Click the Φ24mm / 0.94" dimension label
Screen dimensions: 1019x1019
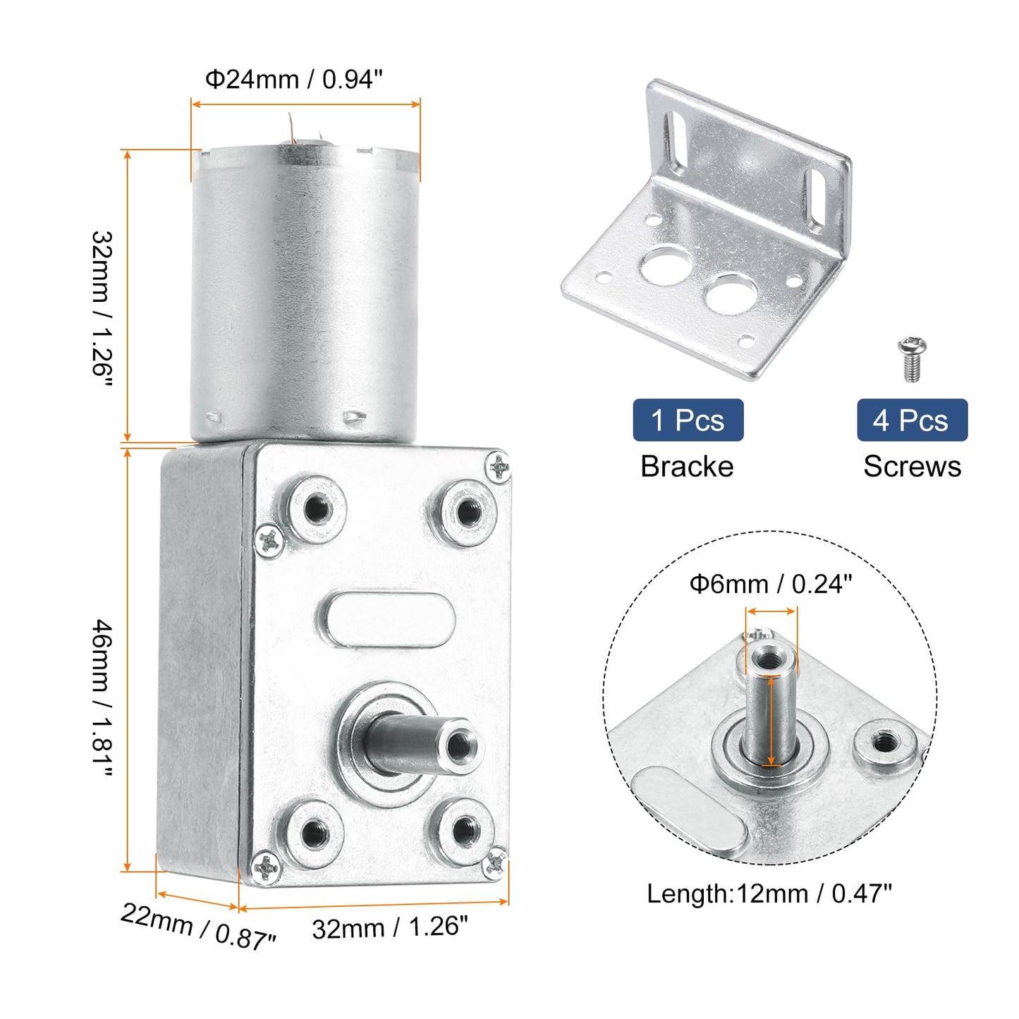(x=293, y=79)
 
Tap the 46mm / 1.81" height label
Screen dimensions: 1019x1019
(x=103, y=698)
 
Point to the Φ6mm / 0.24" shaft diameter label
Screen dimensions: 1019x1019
(x=770, y=584)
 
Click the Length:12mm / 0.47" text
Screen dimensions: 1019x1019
(x=769, y=894)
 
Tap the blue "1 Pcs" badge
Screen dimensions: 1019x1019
(x=688, y=420)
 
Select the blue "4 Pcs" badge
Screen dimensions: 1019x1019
(x=912, y=420)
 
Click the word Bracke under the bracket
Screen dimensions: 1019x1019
(x=687, y=466)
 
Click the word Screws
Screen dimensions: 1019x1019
(x=912, y=466)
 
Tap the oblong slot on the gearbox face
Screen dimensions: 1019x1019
(x=389, y=619)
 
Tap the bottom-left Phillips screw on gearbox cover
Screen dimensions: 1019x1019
(x=265, y=868)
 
